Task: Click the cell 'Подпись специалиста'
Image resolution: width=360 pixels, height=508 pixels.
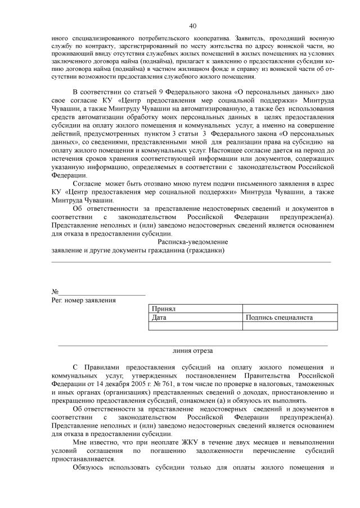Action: coord(279,317)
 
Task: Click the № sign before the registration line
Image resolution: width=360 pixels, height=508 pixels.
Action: coord(55,292)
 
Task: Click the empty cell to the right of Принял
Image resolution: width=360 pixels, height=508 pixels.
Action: coord(289,309)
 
